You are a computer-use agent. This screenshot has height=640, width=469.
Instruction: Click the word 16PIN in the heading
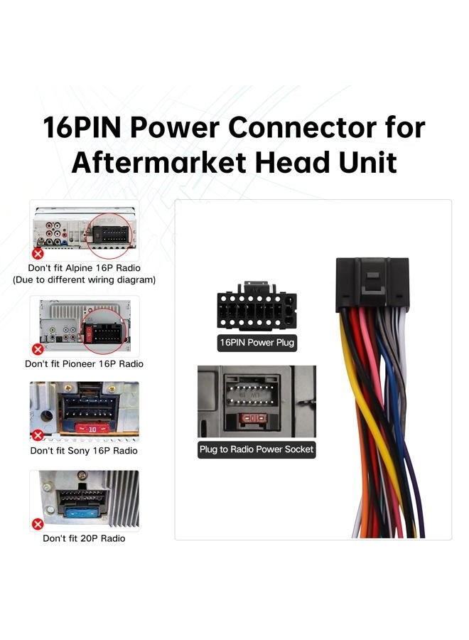(82, 127)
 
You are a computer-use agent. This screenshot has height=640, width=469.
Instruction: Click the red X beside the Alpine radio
(38, 254)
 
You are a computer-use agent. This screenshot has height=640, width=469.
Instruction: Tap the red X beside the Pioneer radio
(38, 349)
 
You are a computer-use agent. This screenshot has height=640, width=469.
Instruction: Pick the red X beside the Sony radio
(38, 435)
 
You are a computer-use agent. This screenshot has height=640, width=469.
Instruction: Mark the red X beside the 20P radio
(38, 524)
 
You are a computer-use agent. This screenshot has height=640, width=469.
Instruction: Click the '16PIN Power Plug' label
(257, 343)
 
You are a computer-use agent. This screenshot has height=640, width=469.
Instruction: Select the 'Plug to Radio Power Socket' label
(257, 449)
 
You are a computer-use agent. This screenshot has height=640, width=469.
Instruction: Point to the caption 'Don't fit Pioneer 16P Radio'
(84, 363)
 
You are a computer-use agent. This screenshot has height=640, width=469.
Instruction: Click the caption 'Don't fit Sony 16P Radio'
(84, 451)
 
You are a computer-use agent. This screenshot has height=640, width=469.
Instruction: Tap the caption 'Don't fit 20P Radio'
(84, 538)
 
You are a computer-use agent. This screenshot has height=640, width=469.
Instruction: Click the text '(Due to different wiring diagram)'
(84, 280)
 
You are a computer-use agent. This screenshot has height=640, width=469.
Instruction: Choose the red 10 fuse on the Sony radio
(92, 429)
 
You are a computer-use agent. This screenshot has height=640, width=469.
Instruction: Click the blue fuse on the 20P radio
(82, 513)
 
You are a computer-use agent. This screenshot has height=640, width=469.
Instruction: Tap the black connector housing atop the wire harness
(372, 284)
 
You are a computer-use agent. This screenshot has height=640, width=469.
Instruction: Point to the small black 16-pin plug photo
(257, 306)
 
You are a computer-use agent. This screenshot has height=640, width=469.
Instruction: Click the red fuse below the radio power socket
(252, 418)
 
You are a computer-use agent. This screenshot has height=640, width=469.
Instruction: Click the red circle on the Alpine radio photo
(109, 236)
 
